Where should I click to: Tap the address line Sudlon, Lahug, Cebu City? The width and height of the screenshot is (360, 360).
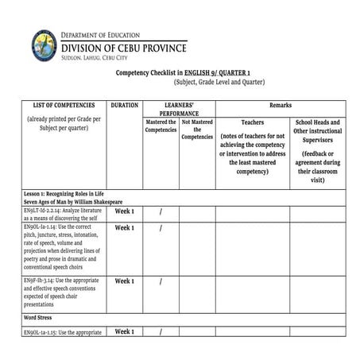point(93,58)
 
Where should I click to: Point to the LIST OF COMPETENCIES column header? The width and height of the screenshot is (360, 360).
point(64,105)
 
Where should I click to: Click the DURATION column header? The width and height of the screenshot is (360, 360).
point(125,105)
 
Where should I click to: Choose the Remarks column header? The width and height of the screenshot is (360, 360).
point(281,105)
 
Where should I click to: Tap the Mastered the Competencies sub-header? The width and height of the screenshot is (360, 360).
point(161,126)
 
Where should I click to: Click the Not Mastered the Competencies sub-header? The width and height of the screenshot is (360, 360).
point(197,130)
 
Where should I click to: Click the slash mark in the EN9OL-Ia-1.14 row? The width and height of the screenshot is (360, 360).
point(161,228)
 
